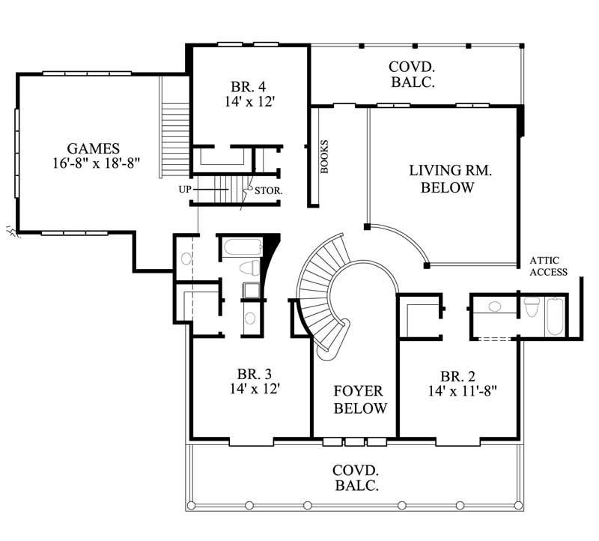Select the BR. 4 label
tap(246, 85)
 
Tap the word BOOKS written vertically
tap(325, 157)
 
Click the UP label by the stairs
tap(185, 190)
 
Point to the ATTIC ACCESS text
tap(548, 266)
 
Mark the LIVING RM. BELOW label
tap(450, 179)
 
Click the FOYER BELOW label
tap(359, 400)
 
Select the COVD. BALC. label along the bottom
tap(356, 477)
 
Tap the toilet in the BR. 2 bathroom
tap(532, 308)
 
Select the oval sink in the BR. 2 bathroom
tap(494, 306)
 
